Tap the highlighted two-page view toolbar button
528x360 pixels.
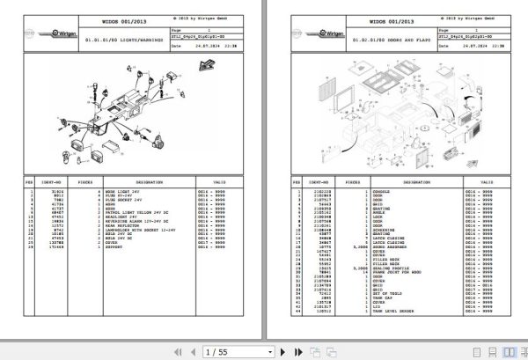click(500, 351)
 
